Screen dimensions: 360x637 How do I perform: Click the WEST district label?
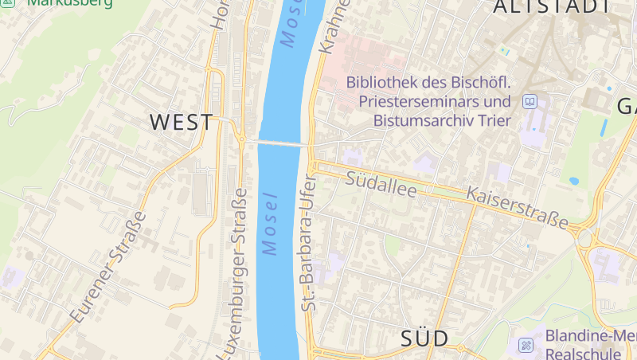pos(182,123)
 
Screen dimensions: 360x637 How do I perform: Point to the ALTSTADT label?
pos(553,7)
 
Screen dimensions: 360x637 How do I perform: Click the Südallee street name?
pos(381,181)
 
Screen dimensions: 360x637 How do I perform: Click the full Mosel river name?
pos(272,224)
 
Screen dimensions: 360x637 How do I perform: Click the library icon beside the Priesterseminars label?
pos(530,102)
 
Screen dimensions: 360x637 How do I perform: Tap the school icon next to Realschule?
pos(526,346)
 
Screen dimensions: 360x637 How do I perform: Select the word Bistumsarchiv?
pos(424,122)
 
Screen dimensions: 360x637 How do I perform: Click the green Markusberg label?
pos(70,3)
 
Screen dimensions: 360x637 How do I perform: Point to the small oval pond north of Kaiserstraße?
pos(574,181)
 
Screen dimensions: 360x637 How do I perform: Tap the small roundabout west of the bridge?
pos(240,139)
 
